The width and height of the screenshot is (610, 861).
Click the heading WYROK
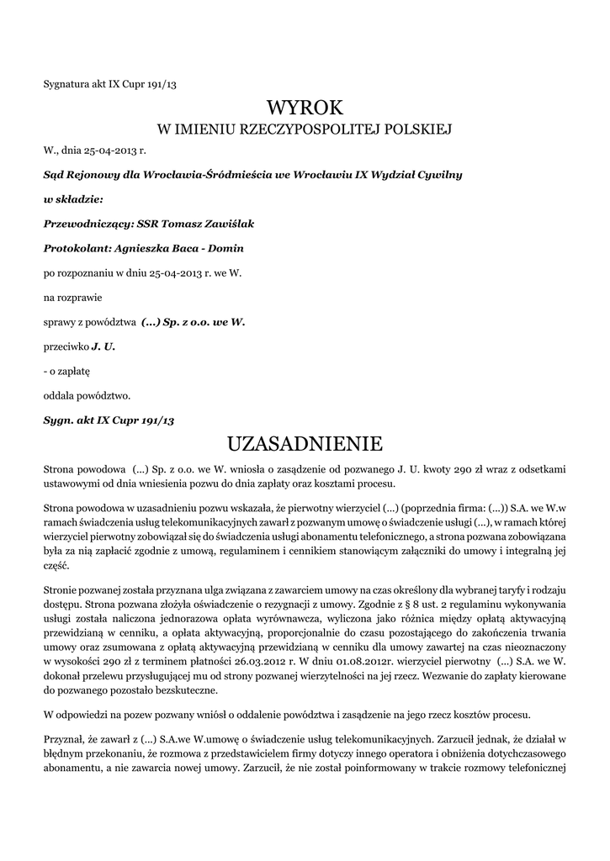coord(305,108)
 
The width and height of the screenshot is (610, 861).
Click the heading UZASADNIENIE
coord(305,442)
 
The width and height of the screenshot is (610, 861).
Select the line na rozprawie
coord(71,297)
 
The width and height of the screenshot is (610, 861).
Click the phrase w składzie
coord(73,199)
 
